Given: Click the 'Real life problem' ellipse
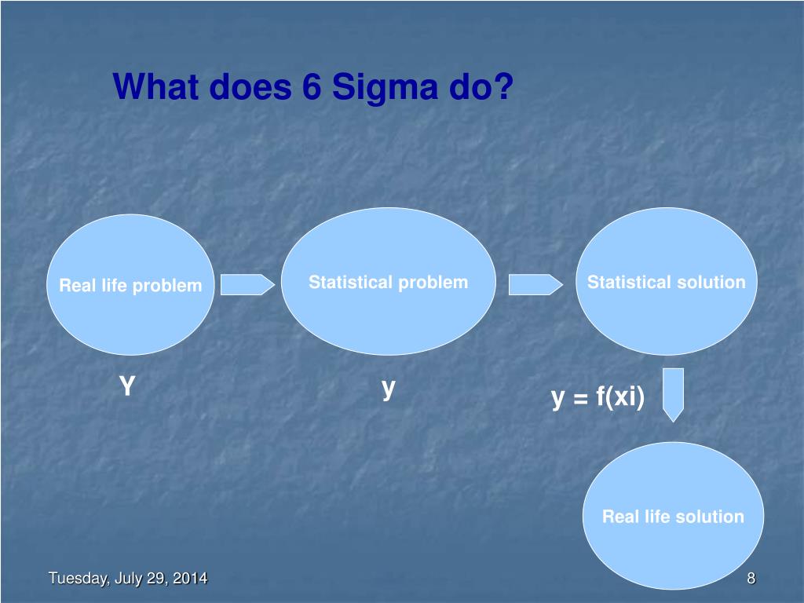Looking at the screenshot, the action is tap(130, 285).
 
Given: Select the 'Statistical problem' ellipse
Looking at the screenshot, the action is tap(388, 282).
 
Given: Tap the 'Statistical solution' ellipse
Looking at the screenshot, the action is tap(667, 282).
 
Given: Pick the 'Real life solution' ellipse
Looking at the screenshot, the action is tap(673, 516).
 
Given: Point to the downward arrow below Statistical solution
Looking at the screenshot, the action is tap(673, 394).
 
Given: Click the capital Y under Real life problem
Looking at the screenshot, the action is tap(127, 386).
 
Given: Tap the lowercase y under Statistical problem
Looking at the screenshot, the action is tap(388, 388).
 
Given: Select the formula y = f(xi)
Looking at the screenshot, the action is tap(598, 397).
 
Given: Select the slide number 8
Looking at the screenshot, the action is tap(751, 579).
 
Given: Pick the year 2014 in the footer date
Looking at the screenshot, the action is tap(191, 579).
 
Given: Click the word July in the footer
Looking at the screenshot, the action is tap(128, 579).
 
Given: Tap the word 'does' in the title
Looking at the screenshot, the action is tap(251, 87).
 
